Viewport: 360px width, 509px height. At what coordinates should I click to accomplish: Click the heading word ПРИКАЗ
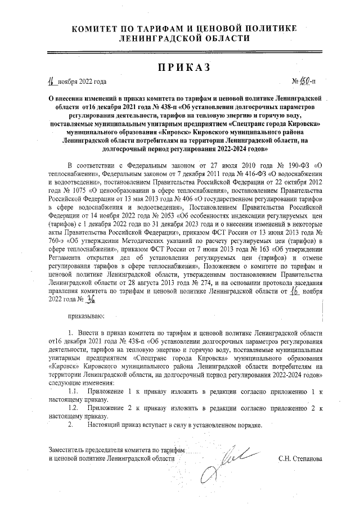(180, 67)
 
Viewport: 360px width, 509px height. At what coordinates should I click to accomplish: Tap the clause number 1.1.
(73, 390)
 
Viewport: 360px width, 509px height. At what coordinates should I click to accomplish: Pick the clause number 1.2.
(73, 406)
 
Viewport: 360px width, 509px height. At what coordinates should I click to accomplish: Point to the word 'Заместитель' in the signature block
(69, 451)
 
